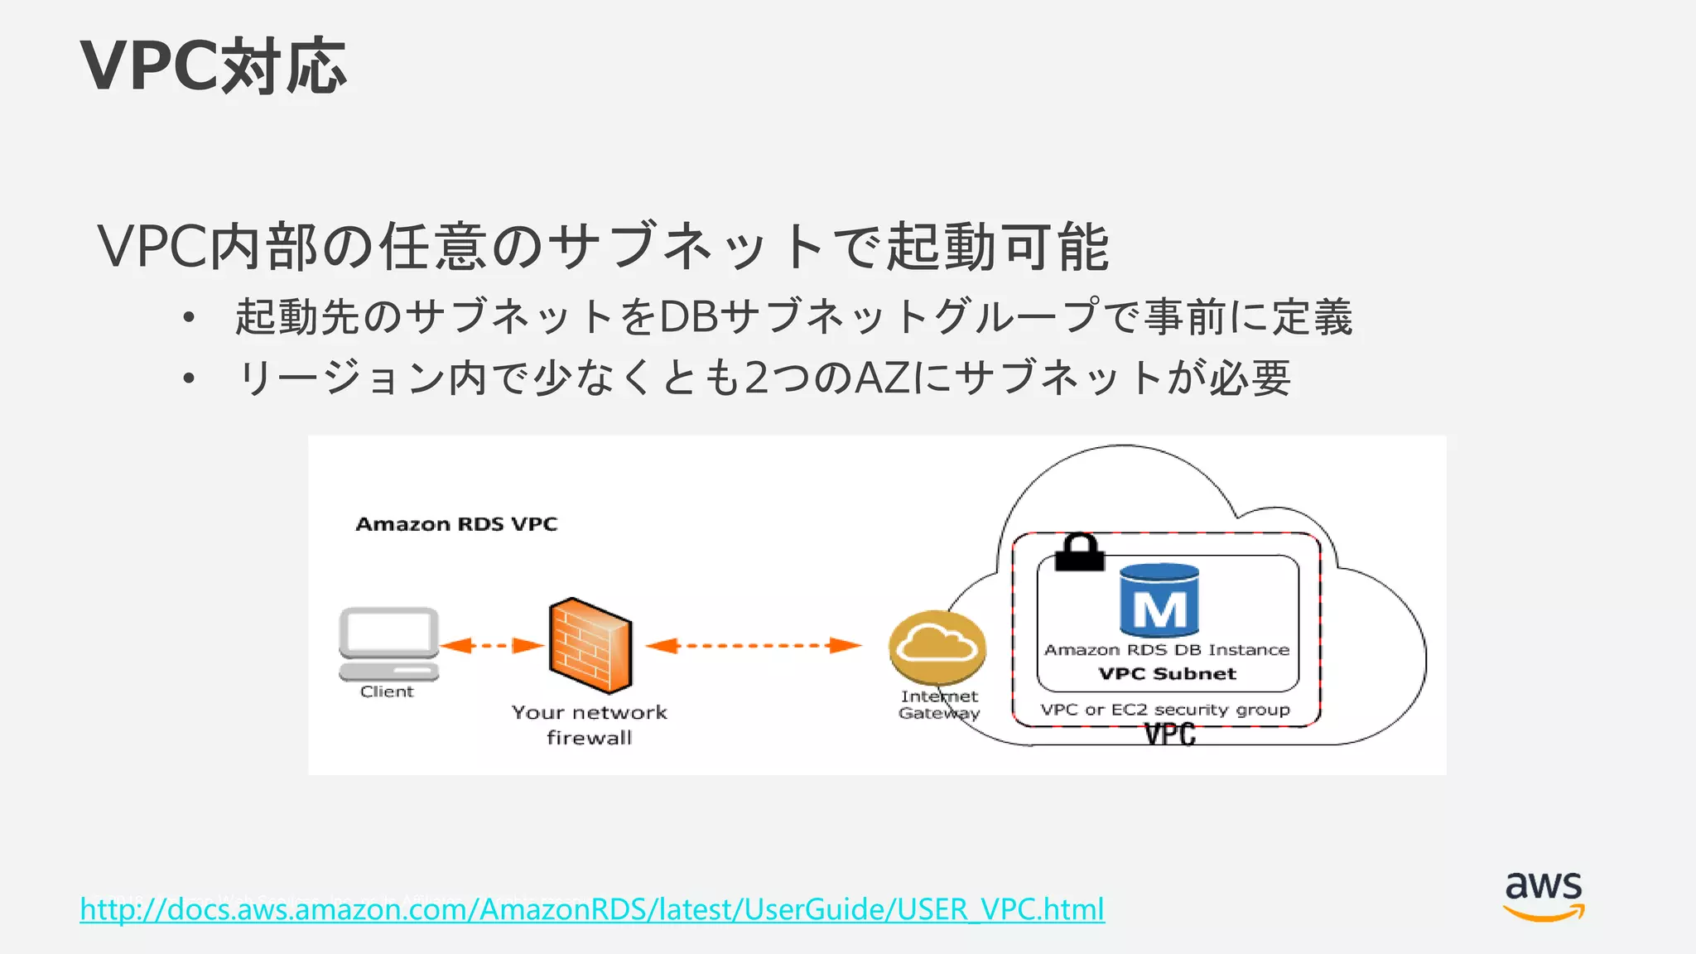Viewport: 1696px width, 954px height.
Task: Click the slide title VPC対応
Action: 214,66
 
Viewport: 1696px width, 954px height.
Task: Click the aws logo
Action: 1544,895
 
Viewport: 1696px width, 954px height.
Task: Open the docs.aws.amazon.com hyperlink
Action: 591,909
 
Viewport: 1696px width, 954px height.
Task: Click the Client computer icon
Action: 388,643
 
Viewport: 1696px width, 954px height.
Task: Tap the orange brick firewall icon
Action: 590,645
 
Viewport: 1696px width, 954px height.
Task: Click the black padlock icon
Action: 1080,552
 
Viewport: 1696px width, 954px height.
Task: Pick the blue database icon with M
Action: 1159,601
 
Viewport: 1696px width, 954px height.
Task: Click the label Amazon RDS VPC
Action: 456,524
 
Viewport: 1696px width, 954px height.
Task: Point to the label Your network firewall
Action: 589,725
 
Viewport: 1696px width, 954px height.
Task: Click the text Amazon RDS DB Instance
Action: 1166,650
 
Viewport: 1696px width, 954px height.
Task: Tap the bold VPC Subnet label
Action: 1167,674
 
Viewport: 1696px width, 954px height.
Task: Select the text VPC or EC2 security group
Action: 1165,710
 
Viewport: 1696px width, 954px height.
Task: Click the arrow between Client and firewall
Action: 492,645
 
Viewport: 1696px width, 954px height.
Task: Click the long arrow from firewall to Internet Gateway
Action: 753,645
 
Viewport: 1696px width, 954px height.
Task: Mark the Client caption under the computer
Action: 387,691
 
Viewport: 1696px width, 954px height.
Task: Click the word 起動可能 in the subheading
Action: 997,247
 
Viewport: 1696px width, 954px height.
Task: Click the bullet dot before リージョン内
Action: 190,378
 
